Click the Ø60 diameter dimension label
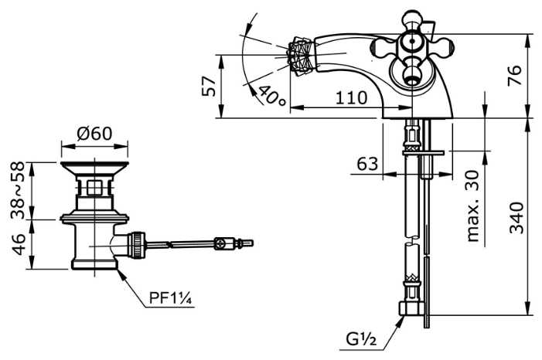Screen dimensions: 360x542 pos(94,133)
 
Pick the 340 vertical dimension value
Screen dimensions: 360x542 pos(516,217)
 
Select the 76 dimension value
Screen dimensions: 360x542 pos(516,75)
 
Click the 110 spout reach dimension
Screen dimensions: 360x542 pos(351,98)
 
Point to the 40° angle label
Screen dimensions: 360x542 pos(271,96)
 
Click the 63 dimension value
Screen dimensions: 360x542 pos(367,164)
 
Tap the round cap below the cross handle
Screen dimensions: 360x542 pos(411,76)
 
